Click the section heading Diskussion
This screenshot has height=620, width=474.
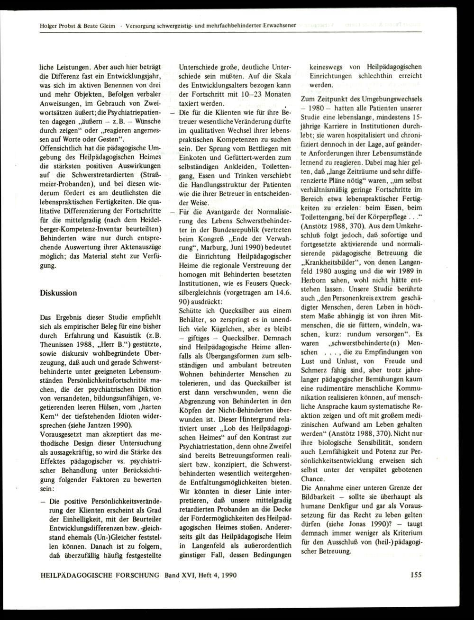point(58,293)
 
